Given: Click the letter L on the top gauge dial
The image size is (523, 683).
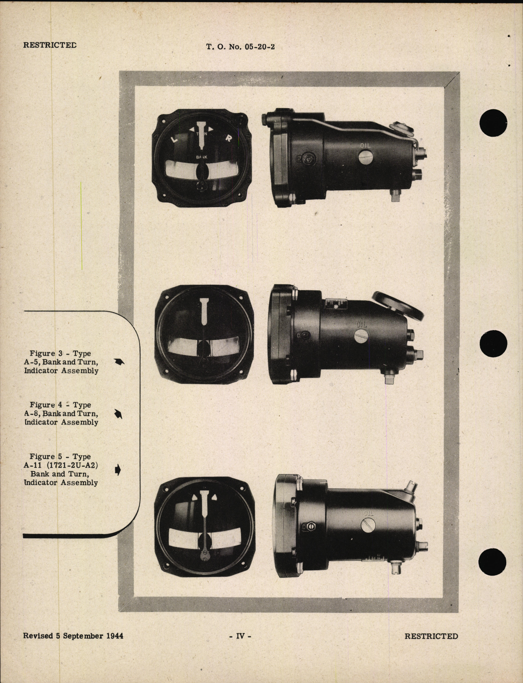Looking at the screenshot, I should click(x=175, y=139).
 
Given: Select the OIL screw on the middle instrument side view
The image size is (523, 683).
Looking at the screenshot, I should click(x=361, y=336).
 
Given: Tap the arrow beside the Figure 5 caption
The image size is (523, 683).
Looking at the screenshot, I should click(x=118, y=470).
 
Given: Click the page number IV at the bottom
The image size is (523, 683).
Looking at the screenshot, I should click(x=240, y=636).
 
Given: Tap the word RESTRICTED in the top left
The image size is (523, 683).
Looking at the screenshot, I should click(x=49, y=45).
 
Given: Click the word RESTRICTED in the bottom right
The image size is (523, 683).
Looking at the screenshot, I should click(x=431, y=636).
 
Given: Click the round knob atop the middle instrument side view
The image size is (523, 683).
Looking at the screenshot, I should click(x=399, y=307).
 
